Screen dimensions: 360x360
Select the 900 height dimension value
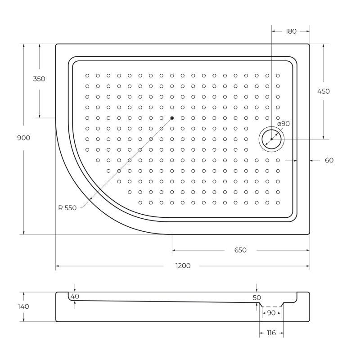click(x=23, y=138)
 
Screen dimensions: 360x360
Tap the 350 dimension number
click(x=39, y=79)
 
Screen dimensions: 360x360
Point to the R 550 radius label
click(x=67, y=208)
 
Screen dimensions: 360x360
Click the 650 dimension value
click(x=240, y=250)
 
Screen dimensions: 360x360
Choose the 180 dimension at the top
click(x=291, y=31)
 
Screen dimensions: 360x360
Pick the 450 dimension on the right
click(x=323, y=91)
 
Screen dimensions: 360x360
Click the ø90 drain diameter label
click(x=283, y=124)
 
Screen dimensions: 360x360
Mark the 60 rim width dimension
click(x=329, y=160)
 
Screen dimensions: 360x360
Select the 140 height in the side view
click(x=23, y=306)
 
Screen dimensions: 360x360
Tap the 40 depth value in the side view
click(x=75, y=296)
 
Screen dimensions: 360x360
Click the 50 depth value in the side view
click(x=256, y=297)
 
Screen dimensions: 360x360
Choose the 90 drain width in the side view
click(x=271, y=313)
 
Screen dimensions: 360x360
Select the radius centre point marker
click(x=172, y=118)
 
